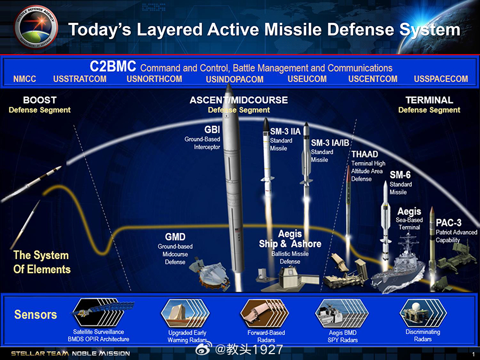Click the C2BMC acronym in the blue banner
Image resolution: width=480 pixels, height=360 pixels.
click(x=113, y=67)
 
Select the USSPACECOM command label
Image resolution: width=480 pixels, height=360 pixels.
click(x=441, y=79)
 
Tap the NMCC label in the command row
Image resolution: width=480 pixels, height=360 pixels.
click(x=25, y=79)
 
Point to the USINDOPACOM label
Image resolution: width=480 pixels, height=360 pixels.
click(x=235, y=79)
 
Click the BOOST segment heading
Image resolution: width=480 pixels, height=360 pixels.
click(x=39, y=100)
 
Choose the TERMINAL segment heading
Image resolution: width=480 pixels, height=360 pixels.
click(x=429, y=100)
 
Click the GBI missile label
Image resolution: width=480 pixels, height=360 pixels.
click(x=212, y=130)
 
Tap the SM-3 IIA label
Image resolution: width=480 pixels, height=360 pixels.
click(x=285, y=132)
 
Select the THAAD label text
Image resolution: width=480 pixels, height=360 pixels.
click(x=364, y=154)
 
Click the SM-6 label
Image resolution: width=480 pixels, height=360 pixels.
click(x=400, y=175)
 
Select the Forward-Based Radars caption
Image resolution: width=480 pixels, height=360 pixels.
click(x=266, y=336)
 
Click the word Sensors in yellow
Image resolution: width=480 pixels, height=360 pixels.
click(x=35, y=314)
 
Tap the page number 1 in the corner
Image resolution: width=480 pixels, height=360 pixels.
click(x=473, y=354)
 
